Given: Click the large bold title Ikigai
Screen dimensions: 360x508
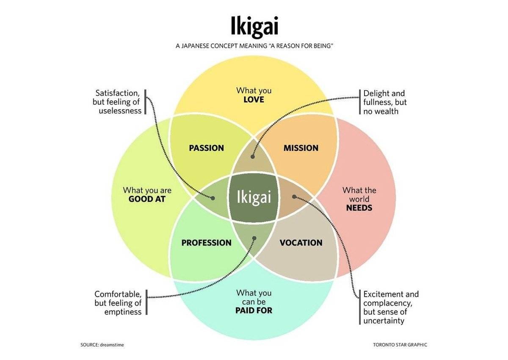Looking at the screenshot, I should pos(254,26).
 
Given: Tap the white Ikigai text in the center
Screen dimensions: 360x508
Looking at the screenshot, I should pos(254,197).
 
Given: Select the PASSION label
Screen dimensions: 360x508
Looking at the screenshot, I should pos(206,148).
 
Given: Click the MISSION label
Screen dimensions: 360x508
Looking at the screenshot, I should pos(301,148).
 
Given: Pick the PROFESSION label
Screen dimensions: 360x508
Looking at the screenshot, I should pos(206,243).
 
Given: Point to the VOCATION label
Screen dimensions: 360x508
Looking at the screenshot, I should pos(301,243).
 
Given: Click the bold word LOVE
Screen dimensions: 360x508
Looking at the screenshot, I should pos(254,100).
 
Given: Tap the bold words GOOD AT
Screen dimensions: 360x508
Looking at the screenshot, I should pos(147,199).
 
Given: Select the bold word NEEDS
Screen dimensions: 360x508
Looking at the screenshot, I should pos(359,208).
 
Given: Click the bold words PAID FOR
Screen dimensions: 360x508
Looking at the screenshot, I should pos(254,310).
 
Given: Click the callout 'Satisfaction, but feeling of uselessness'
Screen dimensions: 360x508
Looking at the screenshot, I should pos(117,102).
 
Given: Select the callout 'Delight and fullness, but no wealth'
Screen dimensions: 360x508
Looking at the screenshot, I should pos(384,102).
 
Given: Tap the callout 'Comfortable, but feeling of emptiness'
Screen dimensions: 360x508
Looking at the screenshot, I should pos(118,303).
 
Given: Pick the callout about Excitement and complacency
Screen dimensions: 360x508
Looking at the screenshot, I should pos(390,307).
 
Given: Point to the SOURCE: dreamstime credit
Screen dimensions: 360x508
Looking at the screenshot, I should pos(102,345).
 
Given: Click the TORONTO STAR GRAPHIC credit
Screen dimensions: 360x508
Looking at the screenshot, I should pos(400,345).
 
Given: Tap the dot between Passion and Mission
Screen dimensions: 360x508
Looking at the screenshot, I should pos(253,157).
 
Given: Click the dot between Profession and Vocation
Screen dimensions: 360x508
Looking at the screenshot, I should pos(254,238).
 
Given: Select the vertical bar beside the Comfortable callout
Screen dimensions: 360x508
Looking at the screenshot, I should pos(146,302).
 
